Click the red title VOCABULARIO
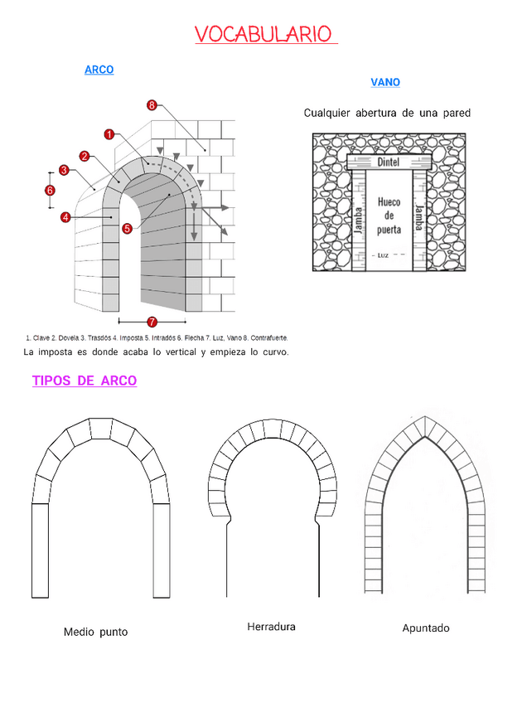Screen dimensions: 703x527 click(263, 35)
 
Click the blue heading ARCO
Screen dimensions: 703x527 click(99, 70)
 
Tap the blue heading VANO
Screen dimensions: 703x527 click(385, 83)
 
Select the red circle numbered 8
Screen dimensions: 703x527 click(152, 105)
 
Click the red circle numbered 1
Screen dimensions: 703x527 click(109, 134)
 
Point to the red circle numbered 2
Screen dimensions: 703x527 click(85, 156)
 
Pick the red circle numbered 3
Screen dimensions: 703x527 click(64, 171)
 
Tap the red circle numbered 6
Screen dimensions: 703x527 click(50, 190)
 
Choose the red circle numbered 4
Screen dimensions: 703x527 click(65, 217)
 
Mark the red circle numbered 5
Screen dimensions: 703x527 click(127, 228)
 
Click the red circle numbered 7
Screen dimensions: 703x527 click(152, 321)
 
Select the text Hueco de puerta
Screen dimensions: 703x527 click(389, 216)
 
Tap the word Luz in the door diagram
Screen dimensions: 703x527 click(383, 255)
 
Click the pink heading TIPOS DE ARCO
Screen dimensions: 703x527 click(85, 381)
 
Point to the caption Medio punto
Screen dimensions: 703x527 click(96, 633)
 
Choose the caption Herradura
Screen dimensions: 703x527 click(271, 627)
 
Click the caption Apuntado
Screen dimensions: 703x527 click(426, 628)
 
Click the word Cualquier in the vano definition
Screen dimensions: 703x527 click(327, 114)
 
